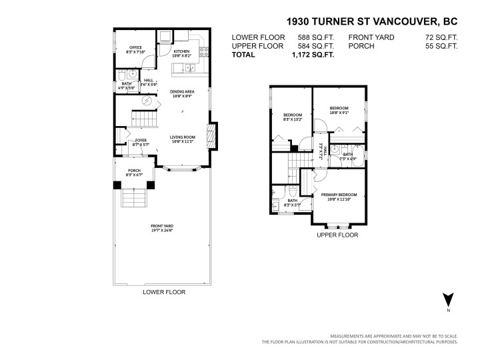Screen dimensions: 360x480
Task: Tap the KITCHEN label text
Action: [x=181, y=51]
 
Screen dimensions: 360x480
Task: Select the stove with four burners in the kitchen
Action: [x=206, y=52]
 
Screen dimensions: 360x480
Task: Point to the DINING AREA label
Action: [x=181, y=92]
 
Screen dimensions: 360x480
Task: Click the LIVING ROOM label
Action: [x=181, y=138]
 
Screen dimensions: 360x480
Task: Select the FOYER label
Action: [x=140, y=141]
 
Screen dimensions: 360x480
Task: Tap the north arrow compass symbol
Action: [x=448, y=301]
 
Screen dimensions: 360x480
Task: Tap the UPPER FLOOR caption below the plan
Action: [x=337, y=235]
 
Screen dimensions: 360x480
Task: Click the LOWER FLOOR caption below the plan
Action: [x=164, y=292]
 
